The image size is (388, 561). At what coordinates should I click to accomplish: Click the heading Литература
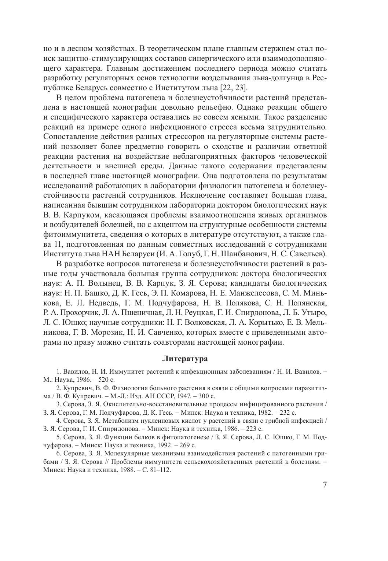(185, 359)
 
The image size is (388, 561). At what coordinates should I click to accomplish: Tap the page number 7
(324, 485)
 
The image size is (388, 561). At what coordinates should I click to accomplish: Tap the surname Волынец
(105, 283)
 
